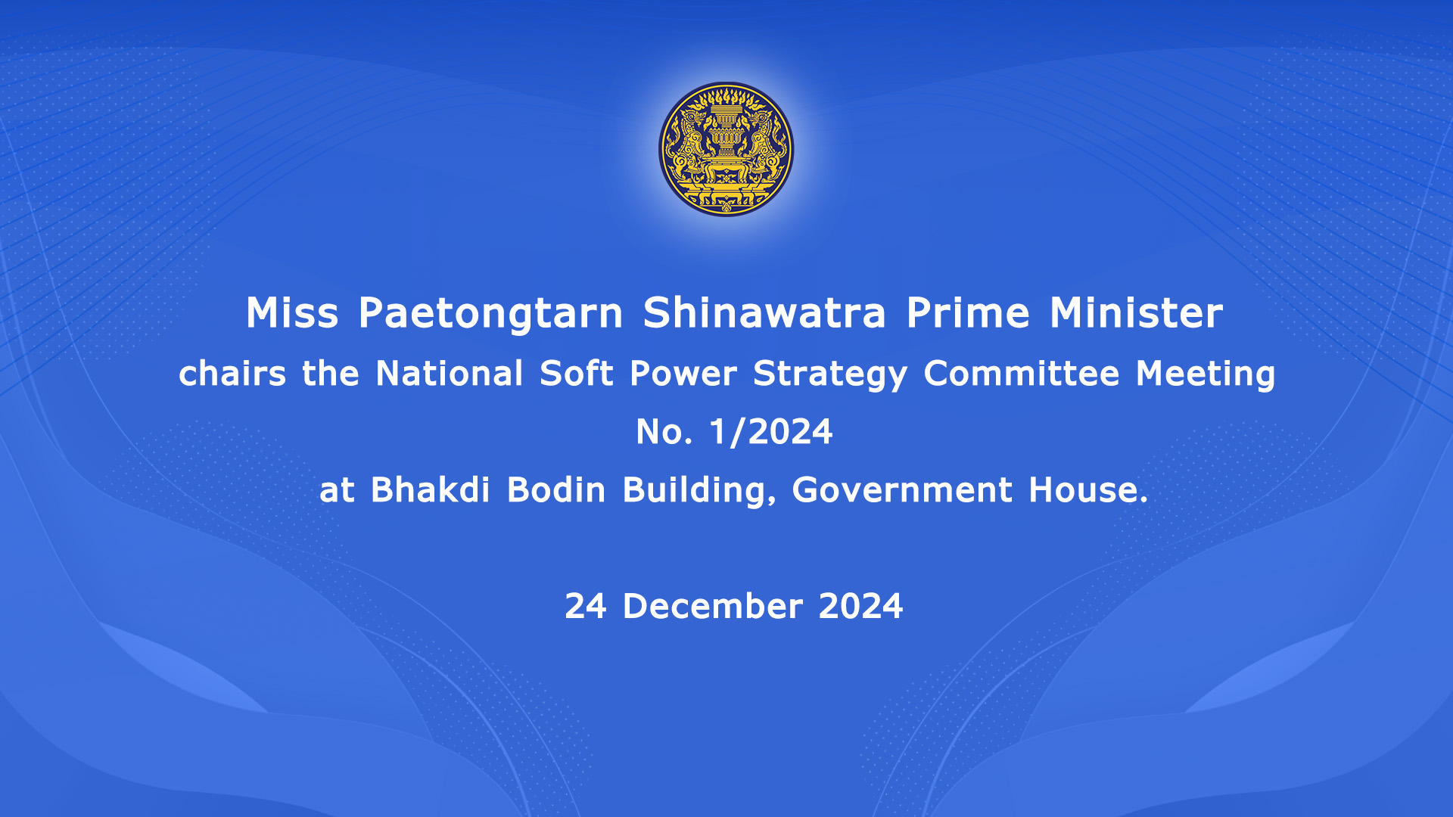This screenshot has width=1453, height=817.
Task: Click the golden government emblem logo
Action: point(726,149)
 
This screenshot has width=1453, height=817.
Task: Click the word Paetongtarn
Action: point(490,313)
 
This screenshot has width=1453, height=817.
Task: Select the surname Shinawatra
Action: point(764,312)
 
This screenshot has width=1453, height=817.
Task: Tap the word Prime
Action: point(968,312)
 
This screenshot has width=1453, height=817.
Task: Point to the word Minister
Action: point(1136,312)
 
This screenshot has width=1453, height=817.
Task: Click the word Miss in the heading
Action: point(292,312)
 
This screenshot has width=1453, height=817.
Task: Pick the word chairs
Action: point(232,373)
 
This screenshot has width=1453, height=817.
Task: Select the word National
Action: point(450,373)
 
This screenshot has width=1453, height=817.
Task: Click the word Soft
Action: point(576,373)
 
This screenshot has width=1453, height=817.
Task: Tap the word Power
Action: point(683,373)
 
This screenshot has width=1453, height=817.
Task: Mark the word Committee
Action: point(1022,373)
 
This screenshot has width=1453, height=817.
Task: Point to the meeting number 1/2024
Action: point(770,432)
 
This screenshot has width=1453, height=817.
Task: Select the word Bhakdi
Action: point(431,489)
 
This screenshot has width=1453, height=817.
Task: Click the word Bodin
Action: point(556,489)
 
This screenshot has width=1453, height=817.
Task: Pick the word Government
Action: point(902,489)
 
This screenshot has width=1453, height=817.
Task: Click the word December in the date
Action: point(712,606)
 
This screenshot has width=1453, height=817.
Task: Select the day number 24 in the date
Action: point(586,606)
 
